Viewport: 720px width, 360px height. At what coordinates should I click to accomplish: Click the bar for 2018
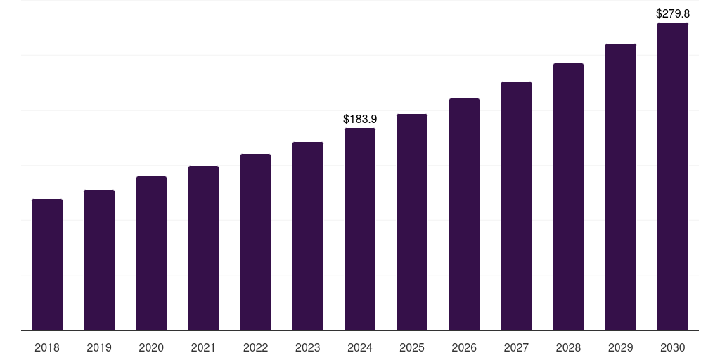coord(47,265)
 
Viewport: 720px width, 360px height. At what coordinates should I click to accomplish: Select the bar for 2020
coord(151,254)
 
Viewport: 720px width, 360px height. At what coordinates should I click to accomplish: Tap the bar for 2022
coord(255,243)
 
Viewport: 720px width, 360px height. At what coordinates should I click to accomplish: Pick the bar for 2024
coord(360,229)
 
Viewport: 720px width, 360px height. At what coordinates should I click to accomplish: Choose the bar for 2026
coord(464,214)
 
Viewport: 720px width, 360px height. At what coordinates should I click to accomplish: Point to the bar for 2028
coord(568,197)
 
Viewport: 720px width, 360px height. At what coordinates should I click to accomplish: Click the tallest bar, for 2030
coord(672,176)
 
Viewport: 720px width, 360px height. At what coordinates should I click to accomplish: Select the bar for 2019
coord(99,260)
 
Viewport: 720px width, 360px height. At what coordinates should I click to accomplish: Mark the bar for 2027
coord(516,206)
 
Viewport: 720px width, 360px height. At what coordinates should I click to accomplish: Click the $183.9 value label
coord(360,120)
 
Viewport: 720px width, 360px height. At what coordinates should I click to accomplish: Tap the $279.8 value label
coord(672,13)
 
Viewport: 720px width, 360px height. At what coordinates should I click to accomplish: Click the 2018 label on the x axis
coord(47,347)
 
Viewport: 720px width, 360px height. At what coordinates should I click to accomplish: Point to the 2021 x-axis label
coord(203,347)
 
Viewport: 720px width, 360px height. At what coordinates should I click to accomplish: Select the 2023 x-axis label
coord(307,347)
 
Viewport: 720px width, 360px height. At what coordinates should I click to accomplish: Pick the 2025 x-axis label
coord(412,347)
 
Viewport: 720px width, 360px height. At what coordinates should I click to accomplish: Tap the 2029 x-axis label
coord(620,347)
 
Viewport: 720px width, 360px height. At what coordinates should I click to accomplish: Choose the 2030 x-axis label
coord(672,347)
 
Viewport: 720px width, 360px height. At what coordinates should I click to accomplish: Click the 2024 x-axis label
coord(360,347)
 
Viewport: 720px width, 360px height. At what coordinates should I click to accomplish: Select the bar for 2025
coord(412,222)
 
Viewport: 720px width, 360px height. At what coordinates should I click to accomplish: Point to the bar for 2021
coord(203,248)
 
